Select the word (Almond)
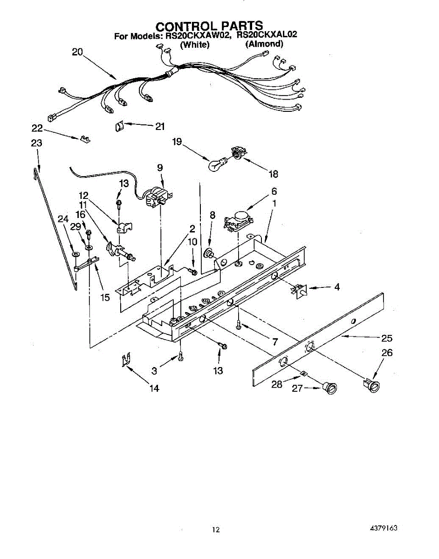coord(264,44)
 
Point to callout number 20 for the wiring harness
coord(77,52)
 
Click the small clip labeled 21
coord(118,126)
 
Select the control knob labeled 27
coord(330,388)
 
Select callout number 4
coord(336,287)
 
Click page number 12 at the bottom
coord(215,529)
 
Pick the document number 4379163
coord(384,529)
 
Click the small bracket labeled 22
coord(85,139)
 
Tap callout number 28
coord(277,385)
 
